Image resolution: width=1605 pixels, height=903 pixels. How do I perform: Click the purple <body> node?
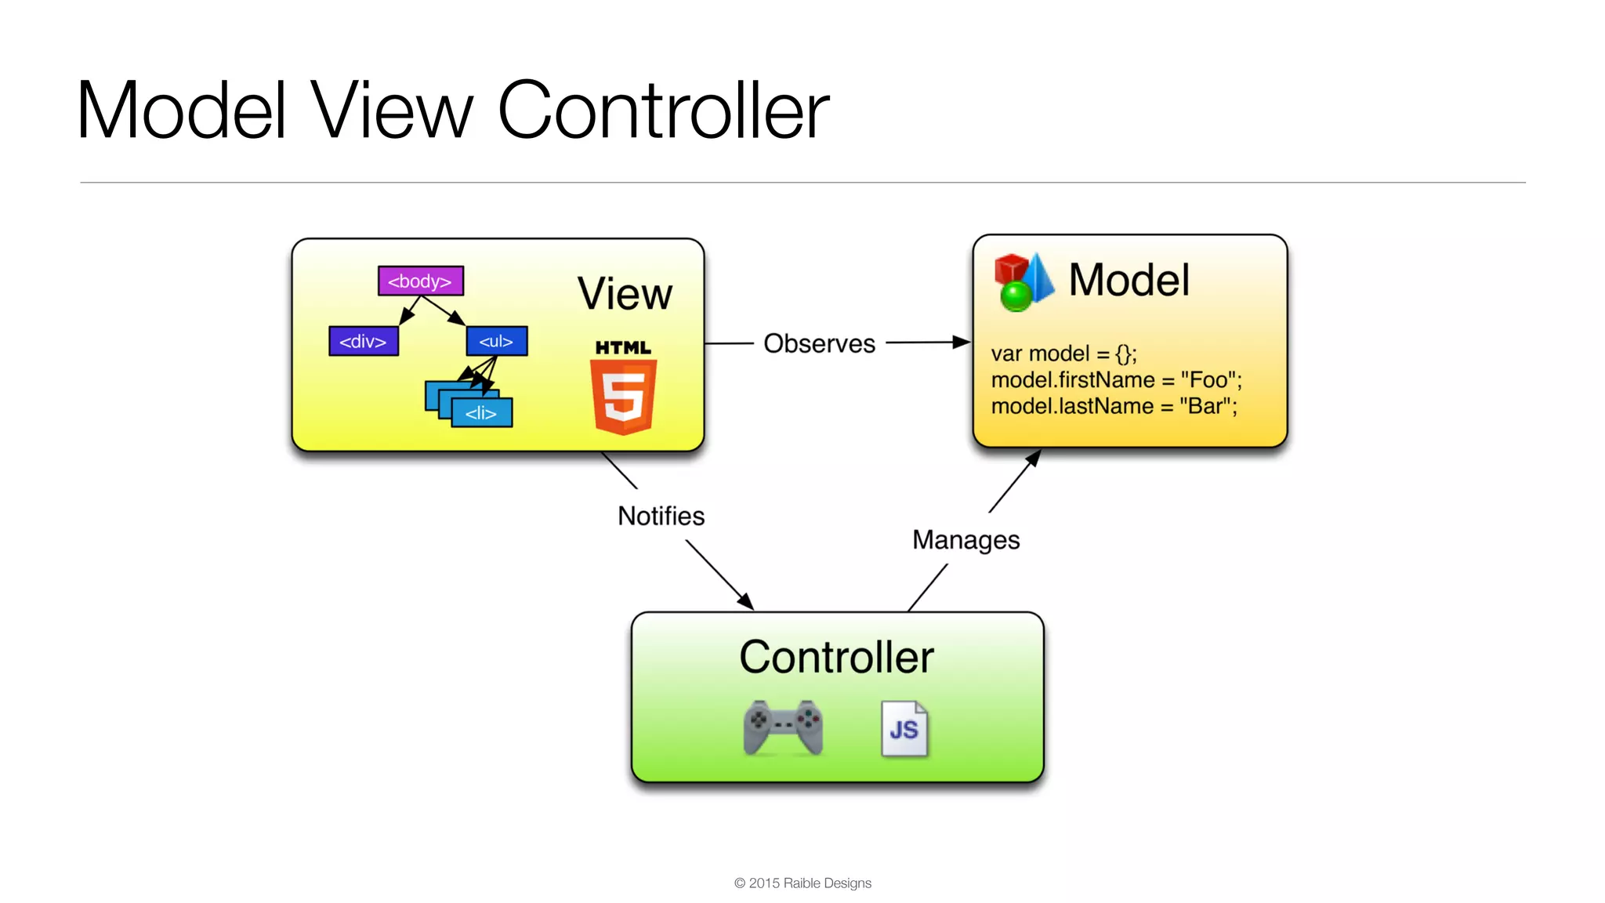point(420,281)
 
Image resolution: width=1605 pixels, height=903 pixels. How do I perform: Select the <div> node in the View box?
point(363,341)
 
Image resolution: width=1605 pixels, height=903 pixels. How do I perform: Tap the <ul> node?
point(496,341)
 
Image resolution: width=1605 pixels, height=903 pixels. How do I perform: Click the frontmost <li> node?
point(481,412)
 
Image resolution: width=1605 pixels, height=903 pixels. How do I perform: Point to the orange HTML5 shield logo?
point(624,395)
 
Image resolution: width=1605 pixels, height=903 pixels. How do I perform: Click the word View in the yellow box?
point(625,294)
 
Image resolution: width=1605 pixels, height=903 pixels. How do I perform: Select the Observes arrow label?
point(819,343)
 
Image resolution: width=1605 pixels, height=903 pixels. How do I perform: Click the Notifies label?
point(661,516)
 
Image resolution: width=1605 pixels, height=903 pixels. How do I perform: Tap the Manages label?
point(966,540)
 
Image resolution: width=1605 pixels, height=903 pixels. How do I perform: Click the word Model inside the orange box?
point(1129,280)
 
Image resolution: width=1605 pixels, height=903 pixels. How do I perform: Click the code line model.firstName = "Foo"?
point(1116,380)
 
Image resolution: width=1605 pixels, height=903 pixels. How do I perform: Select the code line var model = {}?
point(1063,354)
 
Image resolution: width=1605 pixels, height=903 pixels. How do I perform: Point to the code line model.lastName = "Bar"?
point(1114,406)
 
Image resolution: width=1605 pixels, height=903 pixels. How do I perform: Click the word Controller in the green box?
point(836,657)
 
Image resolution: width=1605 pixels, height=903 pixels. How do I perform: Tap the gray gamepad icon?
point(782,728)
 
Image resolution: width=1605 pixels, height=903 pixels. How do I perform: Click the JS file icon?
point(904,728)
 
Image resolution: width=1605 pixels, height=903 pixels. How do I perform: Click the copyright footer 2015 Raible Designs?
point(802,883)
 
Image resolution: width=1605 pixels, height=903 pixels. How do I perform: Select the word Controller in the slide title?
point(663,111)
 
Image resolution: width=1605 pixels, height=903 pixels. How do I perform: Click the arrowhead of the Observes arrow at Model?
point(961,342)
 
